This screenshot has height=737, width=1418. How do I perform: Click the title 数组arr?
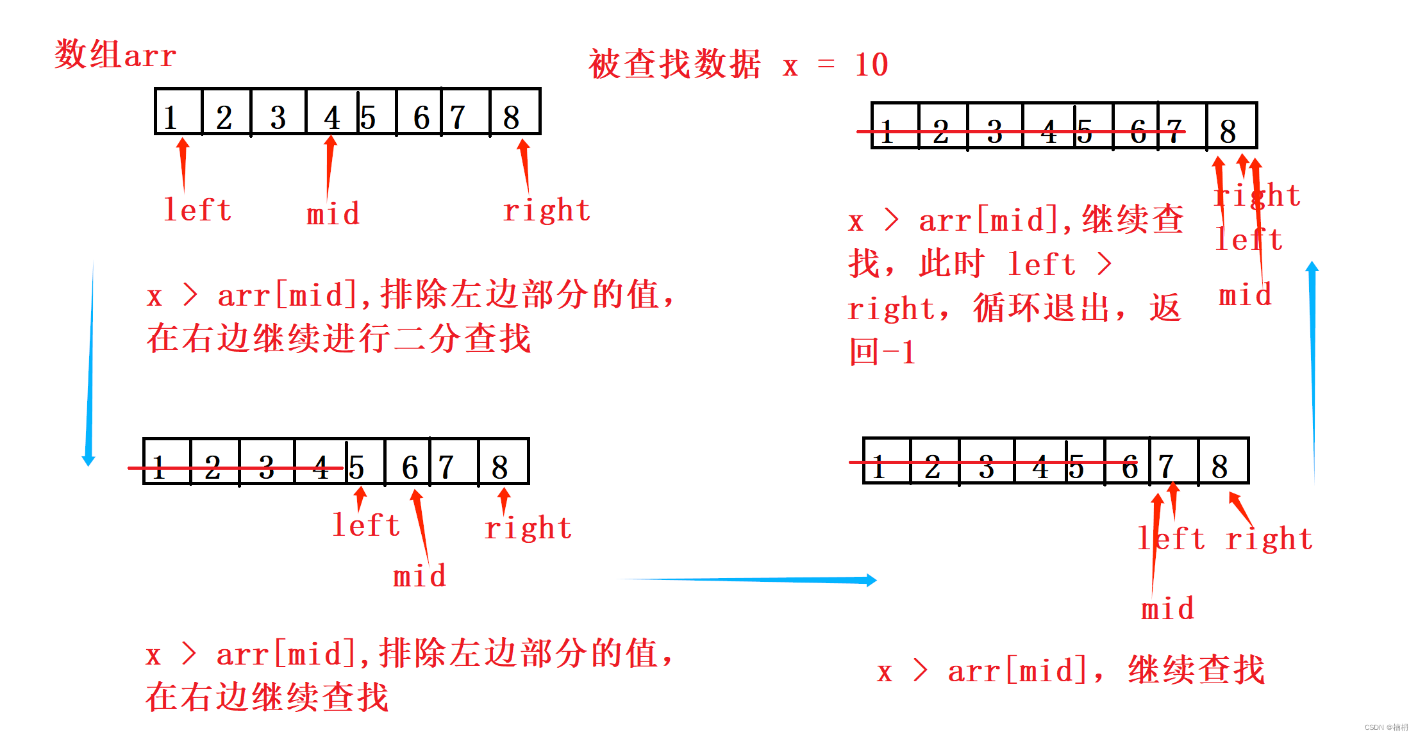point(115,54)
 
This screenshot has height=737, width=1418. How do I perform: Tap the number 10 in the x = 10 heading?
point(871,65)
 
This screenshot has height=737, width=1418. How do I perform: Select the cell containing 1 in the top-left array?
point(178,113)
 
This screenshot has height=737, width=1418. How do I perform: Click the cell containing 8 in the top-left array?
point(515,113)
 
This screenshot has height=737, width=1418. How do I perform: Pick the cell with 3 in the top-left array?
point(278,113)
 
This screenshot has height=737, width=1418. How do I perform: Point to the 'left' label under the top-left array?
point(197,210)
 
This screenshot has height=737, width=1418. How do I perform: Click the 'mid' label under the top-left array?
point(333,214)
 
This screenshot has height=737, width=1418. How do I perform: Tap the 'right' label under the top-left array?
point(546,210)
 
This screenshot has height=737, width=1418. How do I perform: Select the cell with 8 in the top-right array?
point(1231,127)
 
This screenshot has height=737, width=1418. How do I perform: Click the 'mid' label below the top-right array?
point(1245,295)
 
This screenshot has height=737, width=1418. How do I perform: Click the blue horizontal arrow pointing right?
point(750,580)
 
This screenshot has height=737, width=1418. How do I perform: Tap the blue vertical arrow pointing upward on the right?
point(1312,372)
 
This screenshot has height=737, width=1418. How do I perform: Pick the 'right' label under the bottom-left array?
point(528,528)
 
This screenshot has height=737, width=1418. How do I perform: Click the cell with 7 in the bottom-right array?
point(1174,462)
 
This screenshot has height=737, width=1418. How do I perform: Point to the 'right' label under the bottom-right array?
point(1269,539)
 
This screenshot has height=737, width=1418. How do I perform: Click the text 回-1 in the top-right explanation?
point(882,352)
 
